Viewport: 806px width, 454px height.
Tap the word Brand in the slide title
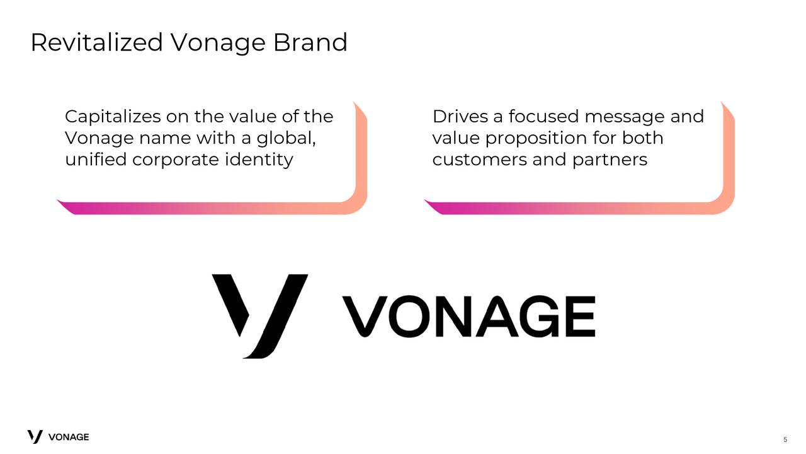310,43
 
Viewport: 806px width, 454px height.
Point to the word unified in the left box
96,160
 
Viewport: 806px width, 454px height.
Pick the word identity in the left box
258,160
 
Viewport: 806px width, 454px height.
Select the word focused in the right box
543,117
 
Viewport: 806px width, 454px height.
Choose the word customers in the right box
479,160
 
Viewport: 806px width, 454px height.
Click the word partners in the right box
610,160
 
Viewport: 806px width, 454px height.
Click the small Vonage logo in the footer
58,436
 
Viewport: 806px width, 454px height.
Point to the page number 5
785,439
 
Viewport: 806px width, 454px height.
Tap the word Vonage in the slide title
217,43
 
